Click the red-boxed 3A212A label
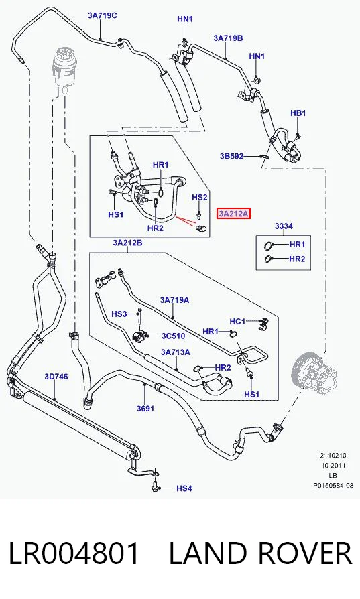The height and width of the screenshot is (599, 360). (233, 214)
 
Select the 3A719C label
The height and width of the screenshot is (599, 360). (102, 15)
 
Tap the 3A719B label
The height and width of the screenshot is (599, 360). (228, 38)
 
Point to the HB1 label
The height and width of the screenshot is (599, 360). (298, 113)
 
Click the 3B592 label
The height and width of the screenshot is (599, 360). (231, 156)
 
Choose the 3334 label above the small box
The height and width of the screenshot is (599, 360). (284, 226)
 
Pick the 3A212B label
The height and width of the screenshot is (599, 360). (127, 243)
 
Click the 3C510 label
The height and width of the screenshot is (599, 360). (173, 336)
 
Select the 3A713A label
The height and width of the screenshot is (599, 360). (176, 352)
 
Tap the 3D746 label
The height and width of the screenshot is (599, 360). (56, 377)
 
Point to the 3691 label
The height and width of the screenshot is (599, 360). (145, 408)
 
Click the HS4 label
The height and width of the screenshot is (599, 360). (184, 488)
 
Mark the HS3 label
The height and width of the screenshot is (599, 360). (119, 314)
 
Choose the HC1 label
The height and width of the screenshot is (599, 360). (237, 321)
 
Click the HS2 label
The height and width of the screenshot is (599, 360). (200, 197)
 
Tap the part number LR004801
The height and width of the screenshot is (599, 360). (74, 553)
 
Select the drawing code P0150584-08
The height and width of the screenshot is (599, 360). (333, 486)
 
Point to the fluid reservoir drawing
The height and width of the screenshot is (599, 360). (64, 69)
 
